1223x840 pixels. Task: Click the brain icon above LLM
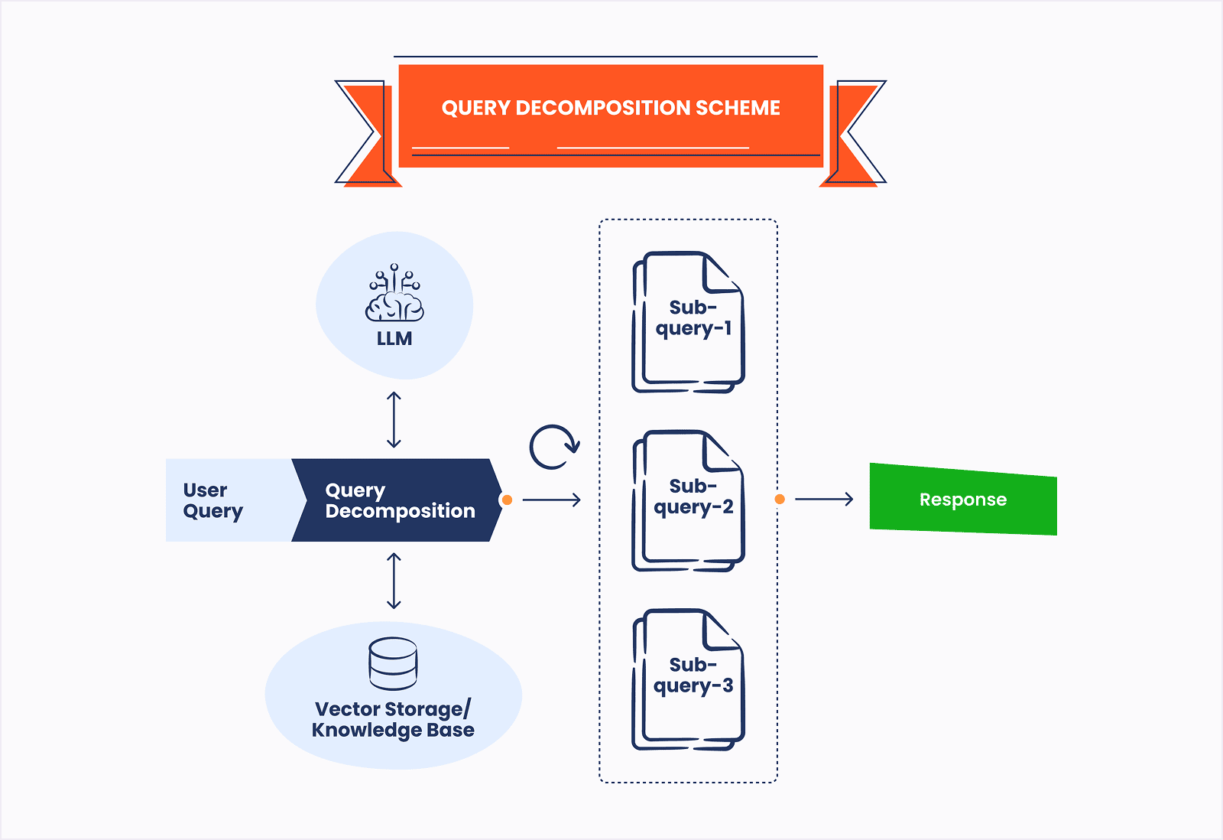pyautogui.click(x=394, y=295)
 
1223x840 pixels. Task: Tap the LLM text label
pyautogui.click(x=394, y=339)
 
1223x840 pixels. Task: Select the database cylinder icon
pyautogui.click(x=393, y=663)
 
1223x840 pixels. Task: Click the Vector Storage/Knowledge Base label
pyautogui.click(x=393, y=719)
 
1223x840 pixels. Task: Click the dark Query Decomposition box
pyautogui.click(x=397, y=500)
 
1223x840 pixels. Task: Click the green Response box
pyautogui.click(x=963, y=500)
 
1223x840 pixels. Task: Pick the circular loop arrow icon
pyautogui.click(x=554, y=447)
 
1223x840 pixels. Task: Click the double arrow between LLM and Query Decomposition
pyautogui.click(x=394, y=419)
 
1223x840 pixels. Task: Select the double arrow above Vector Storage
pyautogui.click(x=394, y=581)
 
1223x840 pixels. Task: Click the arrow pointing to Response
pyautogui.click(x=824, y=499)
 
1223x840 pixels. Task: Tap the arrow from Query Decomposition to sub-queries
pyautogui.click(x=552, y=500)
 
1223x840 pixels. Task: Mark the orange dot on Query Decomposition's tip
pyautogui.click(x=507, y=500)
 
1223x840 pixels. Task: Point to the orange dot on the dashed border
pyautogui.click(x=780, y=499)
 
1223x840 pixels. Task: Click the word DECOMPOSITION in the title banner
pyautogui.click(x=603, y=108)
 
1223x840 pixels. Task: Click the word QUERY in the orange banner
pyautogui.click(x=475, y=108)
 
